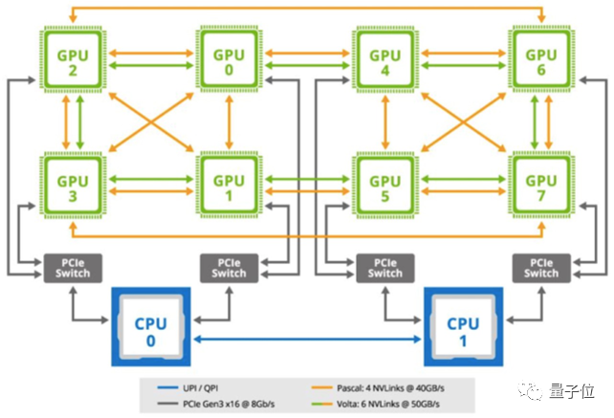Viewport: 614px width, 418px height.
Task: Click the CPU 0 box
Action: [151, 330]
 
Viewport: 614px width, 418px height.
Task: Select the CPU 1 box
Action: [463, 330]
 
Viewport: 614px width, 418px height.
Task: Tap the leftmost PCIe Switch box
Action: [73, 268]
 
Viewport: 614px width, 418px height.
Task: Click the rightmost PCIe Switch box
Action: [541, 268]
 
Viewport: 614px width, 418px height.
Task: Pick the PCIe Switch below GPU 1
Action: [230, 268]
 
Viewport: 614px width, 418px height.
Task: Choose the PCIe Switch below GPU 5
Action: [385, 268]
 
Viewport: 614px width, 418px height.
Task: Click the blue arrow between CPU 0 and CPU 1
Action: [306, 339]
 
